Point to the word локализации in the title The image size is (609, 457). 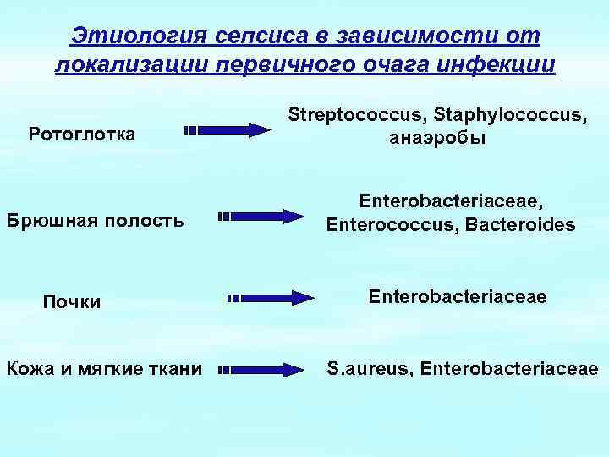click(121, 65)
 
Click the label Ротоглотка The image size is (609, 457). click(81, 133)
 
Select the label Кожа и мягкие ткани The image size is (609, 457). click(104, 369)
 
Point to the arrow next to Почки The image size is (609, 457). click(271, 297)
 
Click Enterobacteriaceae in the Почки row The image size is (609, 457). click(457, 297)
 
